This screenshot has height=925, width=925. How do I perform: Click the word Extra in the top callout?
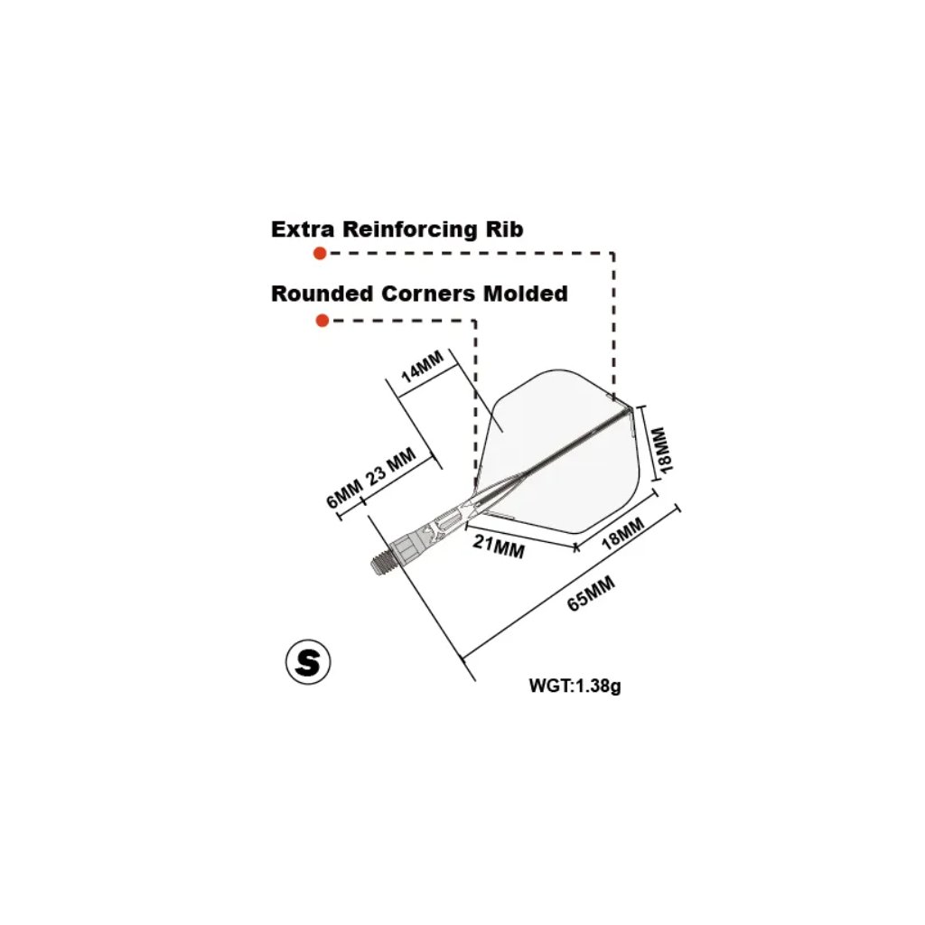pos(302,229)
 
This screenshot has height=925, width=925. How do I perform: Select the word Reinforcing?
pos(406,229)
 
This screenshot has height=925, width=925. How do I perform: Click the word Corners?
pos(425,294)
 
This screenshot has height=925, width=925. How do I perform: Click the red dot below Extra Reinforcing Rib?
pos(319,254)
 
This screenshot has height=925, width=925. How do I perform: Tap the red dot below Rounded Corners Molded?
pos(322,321)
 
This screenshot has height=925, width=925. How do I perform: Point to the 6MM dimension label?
pos(344,495)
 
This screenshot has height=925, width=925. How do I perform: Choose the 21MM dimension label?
pos(498,547)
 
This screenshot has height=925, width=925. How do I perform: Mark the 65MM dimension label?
pos(592,594)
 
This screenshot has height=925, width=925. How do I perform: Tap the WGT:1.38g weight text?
pos(575,686)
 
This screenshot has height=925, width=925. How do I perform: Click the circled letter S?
pos(308,663)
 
